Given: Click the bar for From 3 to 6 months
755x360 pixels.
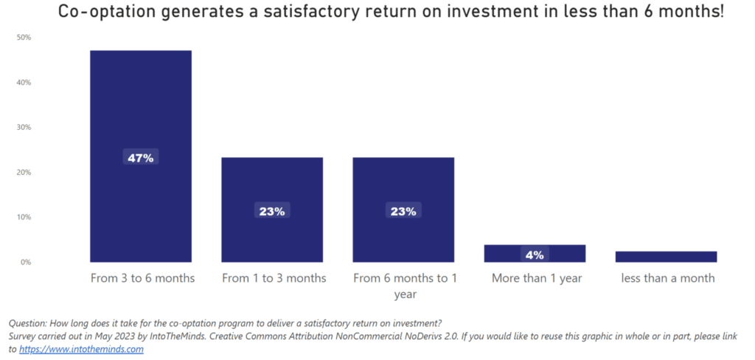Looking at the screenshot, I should click(x=140, y=111).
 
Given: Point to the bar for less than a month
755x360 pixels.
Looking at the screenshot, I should click(x=666, y=257).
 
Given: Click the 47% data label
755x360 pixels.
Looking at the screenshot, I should click(x=140, y=158).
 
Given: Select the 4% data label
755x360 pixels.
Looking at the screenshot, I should click(x=535, y=255).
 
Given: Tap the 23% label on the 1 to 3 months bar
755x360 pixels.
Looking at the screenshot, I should click(x=272, y=211).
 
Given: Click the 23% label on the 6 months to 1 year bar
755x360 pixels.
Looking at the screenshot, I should click(x=403, y=211).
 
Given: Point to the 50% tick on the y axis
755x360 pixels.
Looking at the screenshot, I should click(x=24, y=38).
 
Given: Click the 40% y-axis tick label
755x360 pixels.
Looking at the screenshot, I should click(x=24, y=83).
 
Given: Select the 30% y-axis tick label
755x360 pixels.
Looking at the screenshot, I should click(x=24, y=128).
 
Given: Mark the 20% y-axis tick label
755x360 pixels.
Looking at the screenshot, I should click(x=24, y=173).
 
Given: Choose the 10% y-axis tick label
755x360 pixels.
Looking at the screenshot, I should click(x=24, y=218).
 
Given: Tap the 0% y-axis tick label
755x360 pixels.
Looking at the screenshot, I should click(x=26, y=263).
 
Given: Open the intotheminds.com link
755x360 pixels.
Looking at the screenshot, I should click(x=81, y=350).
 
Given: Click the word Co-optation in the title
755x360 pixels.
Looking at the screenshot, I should click(x=104, y=13).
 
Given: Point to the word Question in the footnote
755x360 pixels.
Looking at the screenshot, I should click(x=29, y=323).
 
